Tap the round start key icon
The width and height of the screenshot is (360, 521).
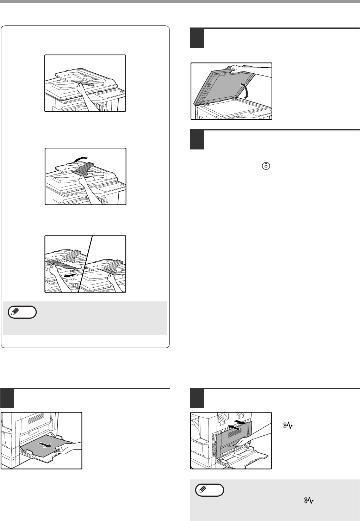[266, 166]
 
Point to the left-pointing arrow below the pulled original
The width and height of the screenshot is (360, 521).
[70, 276]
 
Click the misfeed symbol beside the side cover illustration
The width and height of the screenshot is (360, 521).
[288, 425]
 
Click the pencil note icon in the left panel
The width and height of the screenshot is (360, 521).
[22, 312]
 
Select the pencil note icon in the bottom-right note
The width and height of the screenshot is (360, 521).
[210, 490]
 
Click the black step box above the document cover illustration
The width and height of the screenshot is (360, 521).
[197, 38]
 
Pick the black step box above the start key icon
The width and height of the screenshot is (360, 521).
[197, 140]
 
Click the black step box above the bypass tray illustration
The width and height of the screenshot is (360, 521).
[7, 398]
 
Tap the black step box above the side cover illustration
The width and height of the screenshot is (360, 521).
[197, 398]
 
